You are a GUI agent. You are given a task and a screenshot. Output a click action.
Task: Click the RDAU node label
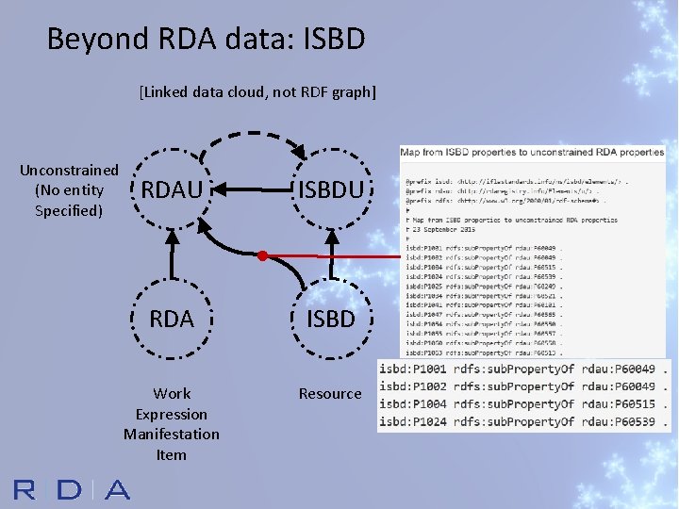(172, 191)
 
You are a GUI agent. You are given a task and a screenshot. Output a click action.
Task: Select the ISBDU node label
(330, 191)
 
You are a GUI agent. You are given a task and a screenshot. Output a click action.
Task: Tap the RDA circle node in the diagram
(172, 319)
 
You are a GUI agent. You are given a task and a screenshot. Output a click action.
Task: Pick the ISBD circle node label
(330, 319)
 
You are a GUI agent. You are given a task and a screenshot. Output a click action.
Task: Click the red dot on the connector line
(263, 255)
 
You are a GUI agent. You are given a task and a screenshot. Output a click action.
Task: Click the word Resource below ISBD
(330, 393)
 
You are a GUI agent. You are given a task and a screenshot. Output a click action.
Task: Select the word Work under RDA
(172, 393)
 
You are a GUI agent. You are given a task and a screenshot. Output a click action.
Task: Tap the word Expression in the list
(172, 414)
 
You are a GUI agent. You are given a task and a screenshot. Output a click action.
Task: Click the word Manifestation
(172, 434)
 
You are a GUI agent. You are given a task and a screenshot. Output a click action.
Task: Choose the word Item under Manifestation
(172, 454)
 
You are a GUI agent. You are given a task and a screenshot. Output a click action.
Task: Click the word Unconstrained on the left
(69, 171)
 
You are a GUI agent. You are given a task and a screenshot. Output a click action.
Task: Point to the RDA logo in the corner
(71, 489)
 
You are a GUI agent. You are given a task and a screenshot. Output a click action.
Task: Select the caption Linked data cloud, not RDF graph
(257, 92)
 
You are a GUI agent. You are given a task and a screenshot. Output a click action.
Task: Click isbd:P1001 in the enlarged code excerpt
(414, 369)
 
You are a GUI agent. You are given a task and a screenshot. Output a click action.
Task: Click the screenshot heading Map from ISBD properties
(532, 152)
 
